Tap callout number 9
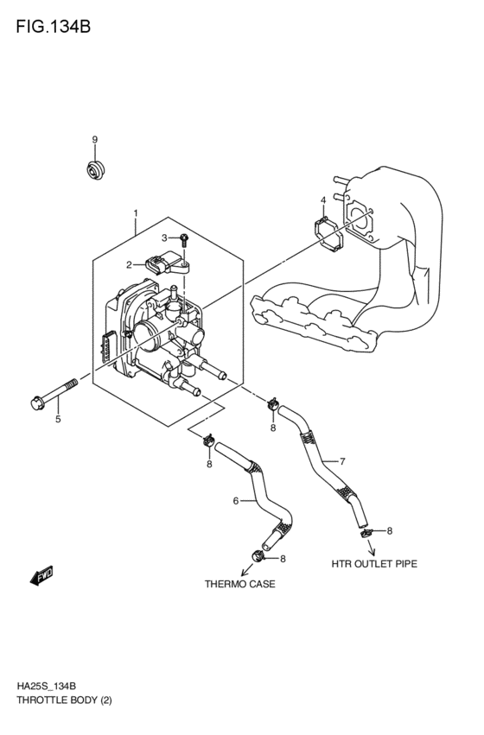(x=95, y=140)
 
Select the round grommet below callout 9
(x=95, y=168)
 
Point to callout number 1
(x=135, y=212)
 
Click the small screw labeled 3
(x=185, y=238)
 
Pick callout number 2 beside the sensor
(x=129, y=265)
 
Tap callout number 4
(x=323, y=200)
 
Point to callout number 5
(x=58, y=420)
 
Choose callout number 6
(x=235, y=500)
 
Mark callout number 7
(x=342, y=461)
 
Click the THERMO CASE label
(x=239, y=585)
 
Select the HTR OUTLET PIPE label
(x=374, y=564)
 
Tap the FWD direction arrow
(x=41, y=576)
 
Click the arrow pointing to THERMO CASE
(x=246, y=567)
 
